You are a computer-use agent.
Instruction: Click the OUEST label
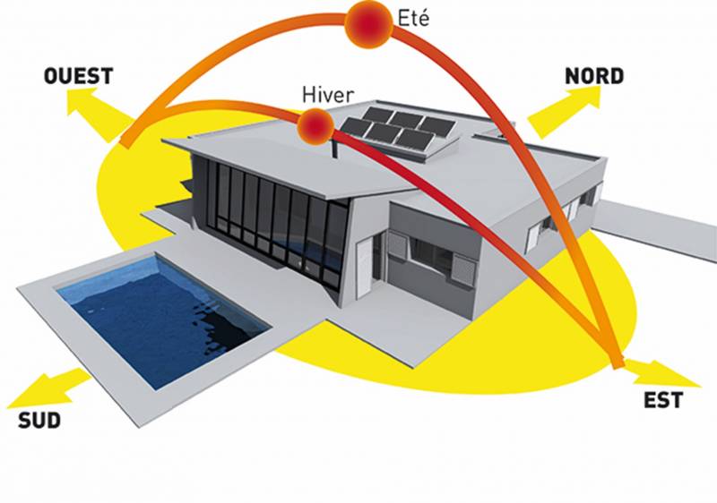78,76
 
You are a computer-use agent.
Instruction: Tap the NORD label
594,76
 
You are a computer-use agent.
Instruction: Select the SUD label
39,421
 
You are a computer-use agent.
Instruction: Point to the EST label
663,400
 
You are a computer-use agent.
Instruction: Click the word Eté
413,18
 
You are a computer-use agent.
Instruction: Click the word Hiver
328,95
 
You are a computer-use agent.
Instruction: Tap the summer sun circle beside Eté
369,24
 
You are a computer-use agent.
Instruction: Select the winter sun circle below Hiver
315,126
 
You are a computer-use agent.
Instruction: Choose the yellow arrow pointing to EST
661,372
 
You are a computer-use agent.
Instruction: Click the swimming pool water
162,320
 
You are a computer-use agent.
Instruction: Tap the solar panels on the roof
398,128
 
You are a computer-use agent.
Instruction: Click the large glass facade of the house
270,219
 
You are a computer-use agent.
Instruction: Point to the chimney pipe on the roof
335,149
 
